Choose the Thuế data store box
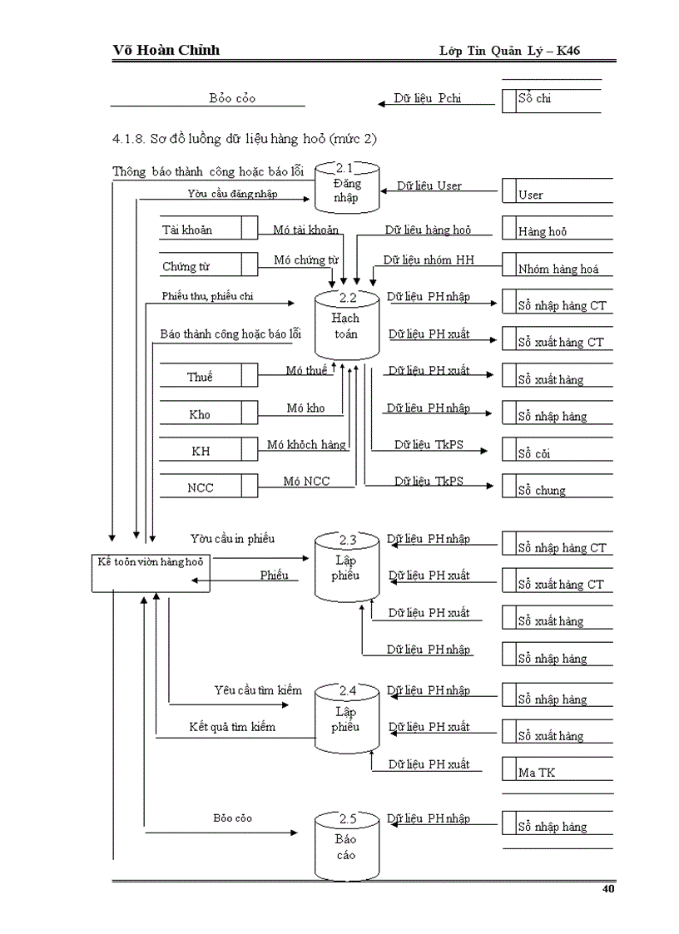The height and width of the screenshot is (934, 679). [208, 376]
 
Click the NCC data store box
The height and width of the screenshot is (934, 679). [208, 487]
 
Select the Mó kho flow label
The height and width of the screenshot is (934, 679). [305, 408]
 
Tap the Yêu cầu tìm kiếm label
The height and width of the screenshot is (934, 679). [257, 690]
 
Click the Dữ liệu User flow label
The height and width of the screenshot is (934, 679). [429, 185]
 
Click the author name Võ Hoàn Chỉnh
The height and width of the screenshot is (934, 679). [166, 50]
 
